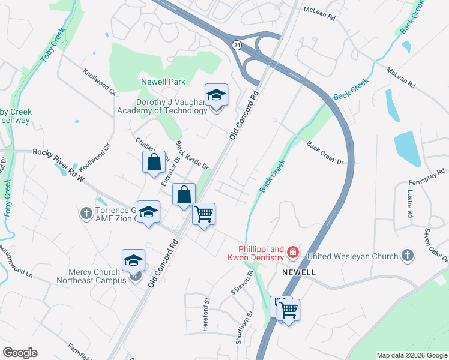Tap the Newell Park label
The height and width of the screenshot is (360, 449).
coord(163,82)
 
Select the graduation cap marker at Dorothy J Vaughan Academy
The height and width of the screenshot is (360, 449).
coord(216,96)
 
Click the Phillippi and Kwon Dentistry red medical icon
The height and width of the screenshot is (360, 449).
coord(292,252)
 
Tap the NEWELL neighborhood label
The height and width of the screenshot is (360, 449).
coord(300,272)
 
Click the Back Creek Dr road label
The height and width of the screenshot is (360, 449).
coord(325,154)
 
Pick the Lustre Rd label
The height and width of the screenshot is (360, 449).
coord(411,204)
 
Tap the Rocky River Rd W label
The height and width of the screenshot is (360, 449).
coord(59,162)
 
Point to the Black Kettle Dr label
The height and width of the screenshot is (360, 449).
coord(191,155)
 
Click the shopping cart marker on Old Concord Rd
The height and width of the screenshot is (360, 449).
coord(204,214)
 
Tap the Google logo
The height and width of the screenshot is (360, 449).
coord(20,353)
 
